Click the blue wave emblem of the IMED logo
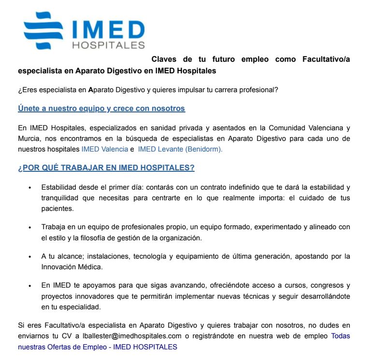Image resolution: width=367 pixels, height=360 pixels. pos(44,30)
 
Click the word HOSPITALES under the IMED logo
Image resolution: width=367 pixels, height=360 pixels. pos(108,45)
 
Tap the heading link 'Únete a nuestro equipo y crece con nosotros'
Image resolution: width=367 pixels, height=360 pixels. pos(101,109)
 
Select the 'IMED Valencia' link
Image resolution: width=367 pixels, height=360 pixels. pos(104,149)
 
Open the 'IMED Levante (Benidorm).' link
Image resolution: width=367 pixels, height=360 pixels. pos(180,149)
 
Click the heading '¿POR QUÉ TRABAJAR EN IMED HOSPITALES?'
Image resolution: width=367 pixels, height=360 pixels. pos(106,168)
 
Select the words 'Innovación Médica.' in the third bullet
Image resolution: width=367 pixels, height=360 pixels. pos(70,266)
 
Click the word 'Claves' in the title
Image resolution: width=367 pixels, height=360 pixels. pos(164,59)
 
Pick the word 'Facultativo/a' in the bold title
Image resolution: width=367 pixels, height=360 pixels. pos(326,59)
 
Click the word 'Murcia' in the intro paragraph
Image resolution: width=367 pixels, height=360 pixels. pos(28,138)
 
